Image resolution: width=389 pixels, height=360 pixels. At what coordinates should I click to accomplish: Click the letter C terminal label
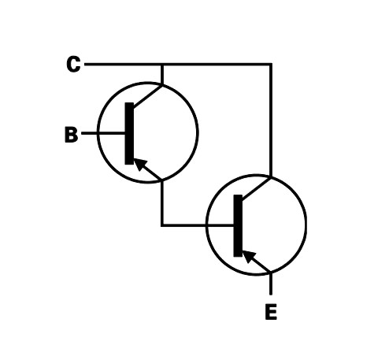point(73,64)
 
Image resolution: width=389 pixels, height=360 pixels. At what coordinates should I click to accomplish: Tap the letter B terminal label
point(71,135)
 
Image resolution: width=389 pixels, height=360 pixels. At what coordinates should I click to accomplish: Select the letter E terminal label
point(271,312)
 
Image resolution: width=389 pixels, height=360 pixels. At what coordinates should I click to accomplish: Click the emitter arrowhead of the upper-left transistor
point(140,164)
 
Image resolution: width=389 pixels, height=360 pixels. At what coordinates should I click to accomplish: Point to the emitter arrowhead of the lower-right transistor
point(249,257)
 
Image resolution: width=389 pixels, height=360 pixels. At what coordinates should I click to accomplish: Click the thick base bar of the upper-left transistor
point(129,133)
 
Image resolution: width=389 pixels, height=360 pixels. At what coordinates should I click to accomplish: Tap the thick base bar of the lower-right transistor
point(238,225)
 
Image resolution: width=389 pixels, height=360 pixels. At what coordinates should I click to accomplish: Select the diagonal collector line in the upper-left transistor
point(148,96)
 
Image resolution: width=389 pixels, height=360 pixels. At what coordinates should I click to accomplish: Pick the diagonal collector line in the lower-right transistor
point(257,188)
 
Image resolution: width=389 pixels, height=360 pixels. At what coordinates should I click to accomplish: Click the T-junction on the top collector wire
point(162,64)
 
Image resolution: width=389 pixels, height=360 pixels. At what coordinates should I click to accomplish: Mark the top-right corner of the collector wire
point(271,64)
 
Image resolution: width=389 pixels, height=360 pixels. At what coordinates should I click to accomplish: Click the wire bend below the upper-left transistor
point(162,225)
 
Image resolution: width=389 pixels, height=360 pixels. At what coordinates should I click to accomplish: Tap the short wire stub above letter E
point(271,284)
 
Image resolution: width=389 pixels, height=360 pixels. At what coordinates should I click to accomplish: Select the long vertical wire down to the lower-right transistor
point(271,121)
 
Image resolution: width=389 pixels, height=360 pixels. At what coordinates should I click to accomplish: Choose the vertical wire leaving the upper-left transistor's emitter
point(162,202)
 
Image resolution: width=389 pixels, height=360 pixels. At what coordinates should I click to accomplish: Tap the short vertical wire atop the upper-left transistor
point(162,74)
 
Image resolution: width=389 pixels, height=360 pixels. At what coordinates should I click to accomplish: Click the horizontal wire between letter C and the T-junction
point(123,64)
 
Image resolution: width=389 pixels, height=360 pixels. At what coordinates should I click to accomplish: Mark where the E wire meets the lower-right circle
point(271,273)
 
